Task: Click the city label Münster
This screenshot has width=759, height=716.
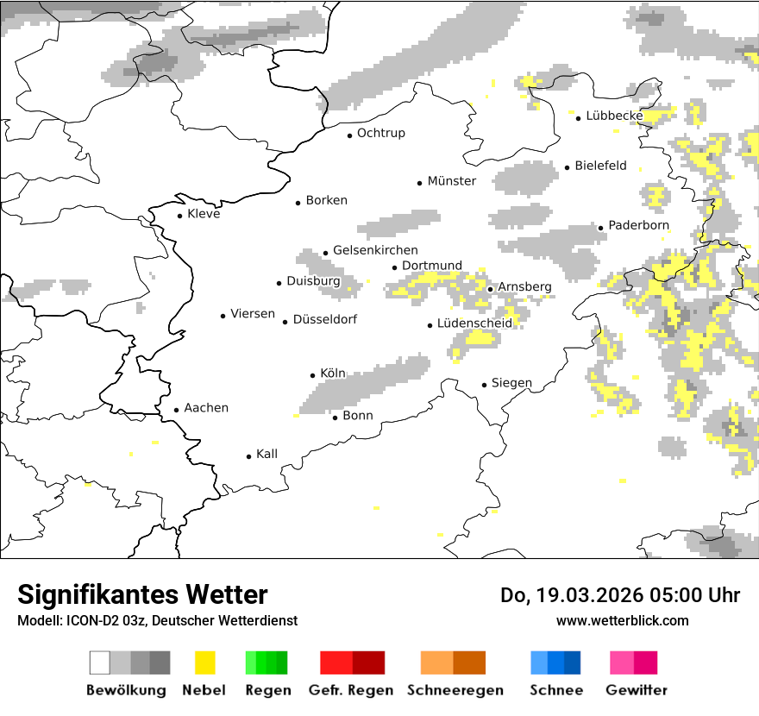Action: click(x=452, y=181)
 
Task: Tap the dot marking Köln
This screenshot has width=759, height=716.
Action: click(x=312, y=375)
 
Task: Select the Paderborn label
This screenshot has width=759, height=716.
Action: click(x=638, y=226)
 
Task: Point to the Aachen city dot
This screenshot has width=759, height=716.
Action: click(x=177, y=411)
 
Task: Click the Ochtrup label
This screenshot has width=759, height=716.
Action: click(x=380, y=134)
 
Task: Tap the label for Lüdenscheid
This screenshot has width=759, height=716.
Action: click(x=474, y=323)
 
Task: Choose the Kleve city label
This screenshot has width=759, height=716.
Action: click(x=204, y=214)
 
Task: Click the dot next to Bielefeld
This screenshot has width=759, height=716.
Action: click(x=568, y=167)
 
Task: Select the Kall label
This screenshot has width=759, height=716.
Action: click(x=267, y=454)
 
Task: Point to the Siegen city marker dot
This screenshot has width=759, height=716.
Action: click(x=485, y=385)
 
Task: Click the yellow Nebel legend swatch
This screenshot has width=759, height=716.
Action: click(x=204, y=663)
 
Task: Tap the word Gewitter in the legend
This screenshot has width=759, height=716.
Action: click(x=637, y=690)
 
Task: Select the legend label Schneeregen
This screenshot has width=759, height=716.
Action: click(x=455, y=690)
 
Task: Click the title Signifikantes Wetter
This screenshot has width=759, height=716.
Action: click(x=142, y=595)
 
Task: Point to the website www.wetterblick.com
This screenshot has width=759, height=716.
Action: click(x=622, y=620)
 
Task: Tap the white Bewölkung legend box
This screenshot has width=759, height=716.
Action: click(x=99, y=663)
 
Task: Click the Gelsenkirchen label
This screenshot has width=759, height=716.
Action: click(x=375, y=250)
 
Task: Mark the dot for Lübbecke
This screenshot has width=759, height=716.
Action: click(x=579, y=118)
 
